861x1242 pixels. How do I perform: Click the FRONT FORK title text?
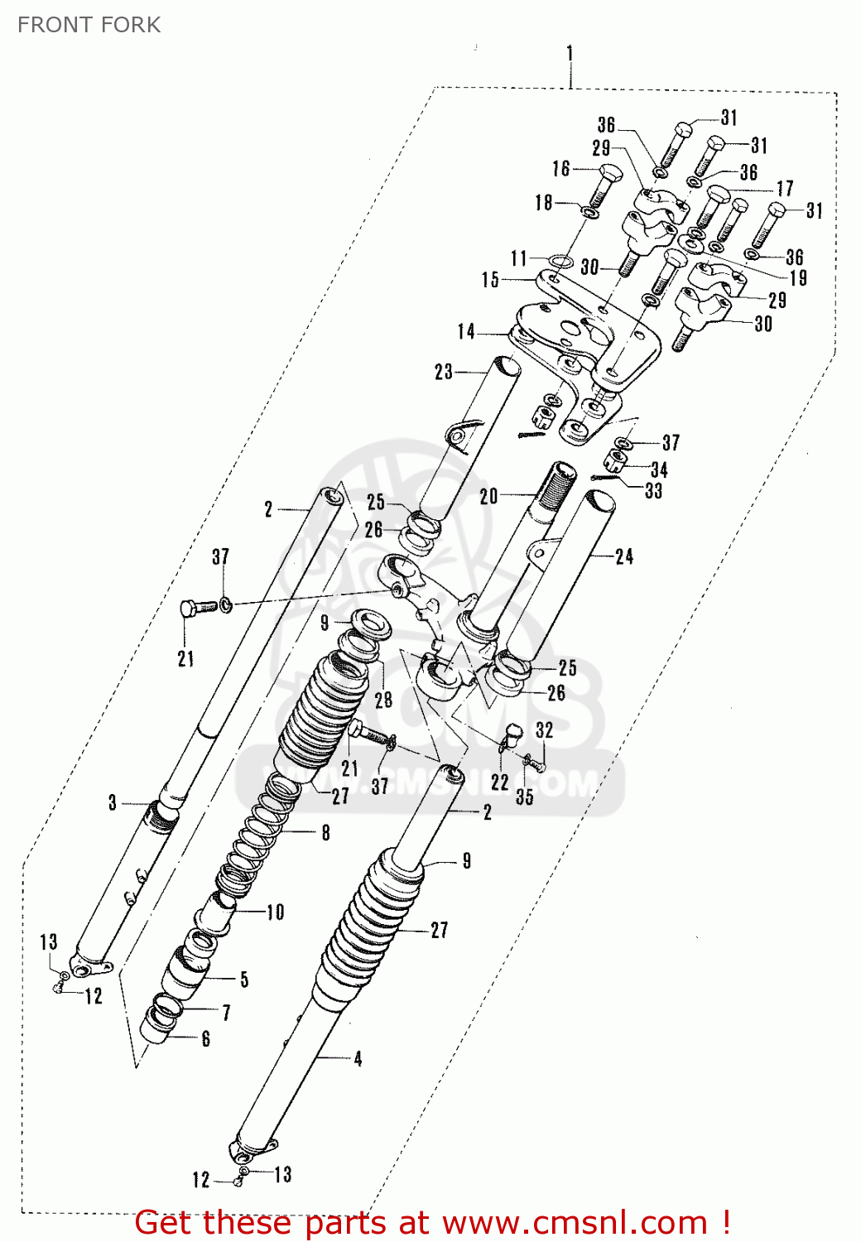(89, 25)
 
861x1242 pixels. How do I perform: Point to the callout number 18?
(543, 202)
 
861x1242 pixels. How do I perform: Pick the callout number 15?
(490, 280)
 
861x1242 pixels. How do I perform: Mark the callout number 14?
(466, 332)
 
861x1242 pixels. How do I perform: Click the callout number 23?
(444, 372)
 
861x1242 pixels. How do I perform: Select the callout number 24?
(624, 556)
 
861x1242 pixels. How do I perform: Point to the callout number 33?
(653, 491)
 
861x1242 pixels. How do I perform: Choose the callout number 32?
(544, 730)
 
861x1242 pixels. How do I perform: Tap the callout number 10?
(275, 912)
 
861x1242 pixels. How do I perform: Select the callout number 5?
(244, 980)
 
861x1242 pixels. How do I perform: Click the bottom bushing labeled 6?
(157, 1027)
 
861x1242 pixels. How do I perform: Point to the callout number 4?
(358, 1058)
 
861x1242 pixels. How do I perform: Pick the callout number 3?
(113, 802)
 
